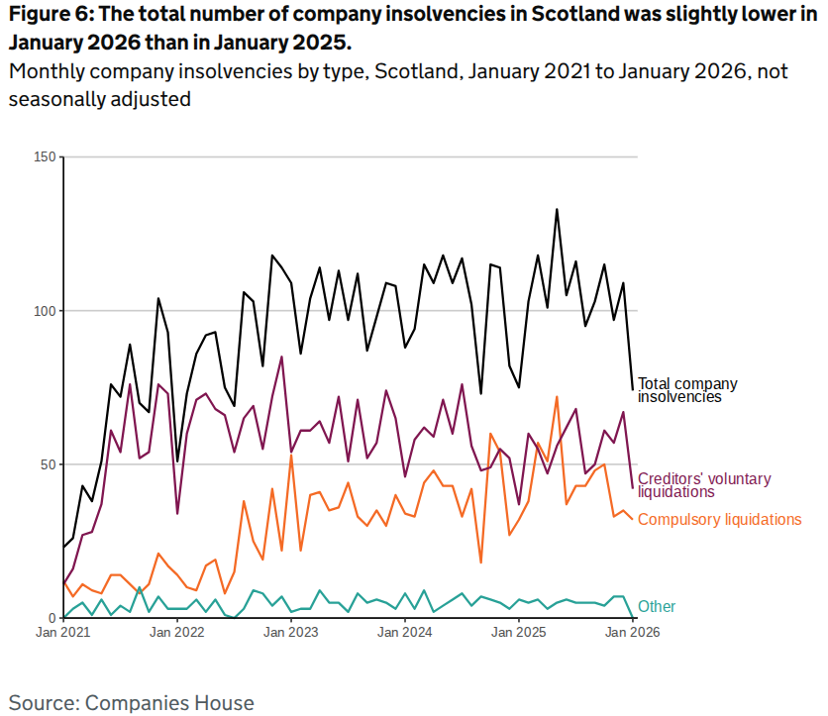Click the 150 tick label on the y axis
click(x=44, y=157)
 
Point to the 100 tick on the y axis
click(x=44, y=311)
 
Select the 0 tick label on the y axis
click(x=52, y=618)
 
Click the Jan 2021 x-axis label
click(x=63, y=632)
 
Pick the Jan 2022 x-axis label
click(x=177, y=632)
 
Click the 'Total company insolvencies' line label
click(x=687, y=390)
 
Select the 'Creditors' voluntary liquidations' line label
click(x=703, y=485)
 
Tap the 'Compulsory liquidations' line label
click(x=719, y=519)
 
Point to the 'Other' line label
click(x=657, y=606)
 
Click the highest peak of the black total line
click(x=557, y=209)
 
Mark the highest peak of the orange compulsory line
click(x=557, y=396)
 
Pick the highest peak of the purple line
click(x=282, y=357)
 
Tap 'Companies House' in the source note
click(x=169, y=703)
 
